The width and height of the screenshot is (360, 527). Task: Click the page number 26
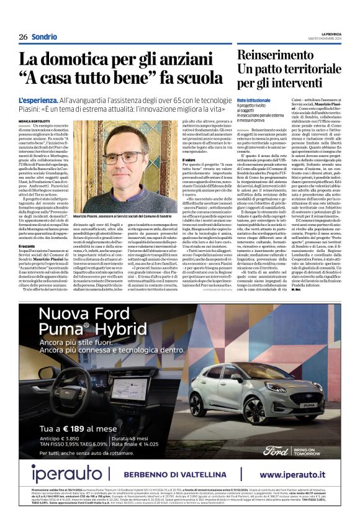click(x=23, y=37)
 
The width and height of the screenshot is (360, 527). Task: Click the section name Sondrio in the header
click(x=44, y=37)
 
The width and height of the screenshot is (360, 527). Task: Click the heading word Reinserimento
click(x=277, y=55)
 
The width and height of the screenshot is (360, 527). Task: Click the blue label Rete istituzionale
click(x=253, y=100)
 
